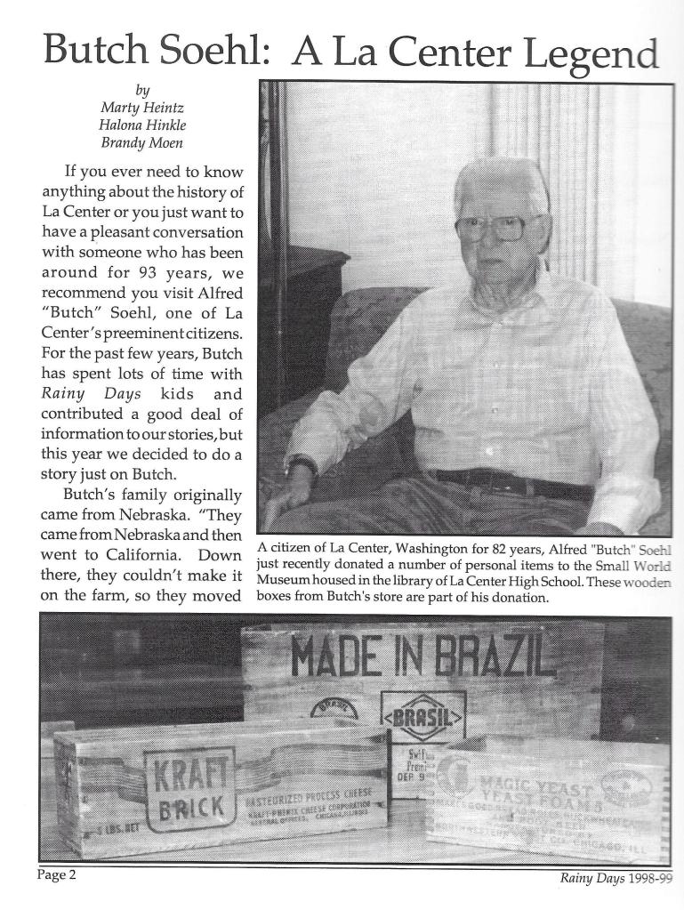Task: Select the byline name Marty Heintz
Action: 142,108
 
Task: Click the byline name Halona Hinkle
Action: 142,125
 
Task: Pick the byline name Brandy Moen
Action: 142,143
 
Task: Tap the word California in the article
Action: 128,554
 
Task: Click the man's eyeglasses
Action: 491,229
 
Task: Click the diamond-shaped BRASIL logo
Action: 422,716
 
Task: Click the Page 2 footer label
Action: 57,875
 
